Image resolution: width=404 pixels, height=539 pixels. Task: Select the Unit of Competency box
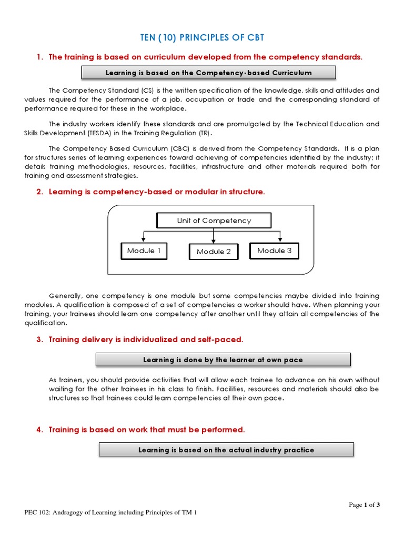tap(214, 221)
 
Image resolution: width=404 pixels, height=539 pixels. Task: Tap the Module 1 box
tap(140, 251)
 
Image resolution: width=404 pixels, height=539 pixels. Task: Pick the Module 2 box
tap(214, 252)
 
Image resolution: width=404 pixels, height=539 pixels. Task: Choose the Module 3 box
tap(274, 251)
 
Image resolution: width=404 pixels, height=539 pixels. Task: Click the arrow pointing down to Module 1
tap(143, 239)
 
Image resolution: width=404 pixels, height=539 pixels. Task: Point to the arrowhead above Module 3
tap(281, 239)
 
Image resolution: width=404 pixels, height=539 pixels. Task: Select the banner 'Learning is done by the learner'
tap(223, 360)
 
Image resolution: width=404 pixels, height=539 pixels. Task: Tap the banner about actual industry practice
tap(226, 450)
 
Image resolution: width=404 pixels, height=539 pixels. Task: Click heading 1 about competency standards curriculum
tap(205, 57)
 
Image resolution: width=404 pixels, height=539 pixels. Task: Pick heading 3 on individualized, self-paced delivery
tap(146, 340)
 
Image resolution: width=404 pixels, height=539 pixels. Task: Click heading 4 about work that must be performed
tap(147, 430)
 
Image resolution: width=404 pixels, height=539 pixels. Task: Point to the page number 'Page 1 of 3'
tap(364, 505)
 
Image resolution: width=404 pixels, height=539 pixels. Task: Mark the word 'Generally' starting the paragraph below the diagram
tap(66, 296)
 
